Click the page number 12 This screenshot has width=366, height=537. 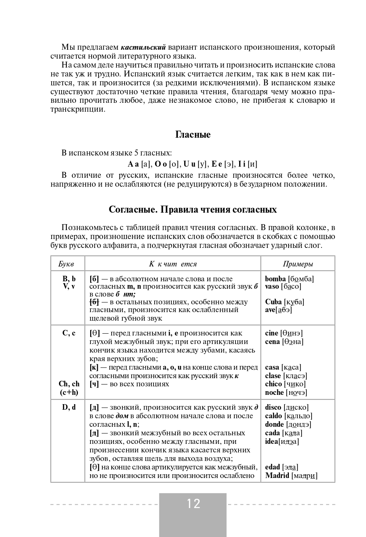193,504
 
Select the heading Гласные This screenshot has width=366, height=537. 193,135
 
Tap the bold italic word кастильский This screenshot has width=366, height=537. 143,47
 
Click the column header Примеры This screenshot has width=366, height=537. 298,264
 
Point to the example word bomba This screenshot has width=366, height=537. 275,279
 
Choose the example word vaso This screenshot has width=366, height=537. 273,286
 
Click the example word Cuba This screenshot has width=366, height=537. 273,302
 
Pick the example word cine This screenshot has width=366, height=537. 272,333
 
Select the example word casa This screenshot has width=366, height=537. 272,367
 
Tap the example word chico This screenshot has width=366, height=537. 273,384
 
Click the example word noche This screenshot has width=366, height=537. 274,392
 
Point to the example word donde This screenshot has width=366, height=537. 274,424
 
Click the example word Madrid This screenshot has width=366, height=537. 277,475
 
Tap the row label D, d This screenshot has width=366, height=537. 69,407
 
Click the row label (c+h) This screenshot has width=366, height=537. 69,392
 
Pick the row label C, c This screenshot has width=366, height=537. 69,333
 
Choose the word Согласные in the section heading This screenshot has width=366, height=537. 132,210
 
